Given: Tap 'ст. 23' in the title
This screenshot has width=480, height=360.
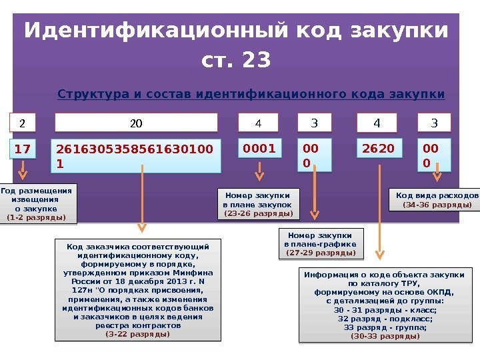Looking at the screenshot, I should click(x=236, y=61).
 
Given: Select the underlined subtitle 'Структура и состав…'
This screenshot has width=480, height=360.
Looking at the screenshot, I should click(x=251, y=93).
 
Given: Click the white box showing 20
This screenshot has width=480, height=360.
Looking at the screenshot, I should click(x=136, y=123).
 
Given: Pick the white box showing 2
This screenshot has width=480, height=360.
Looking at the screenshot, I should click(x=22, y=123).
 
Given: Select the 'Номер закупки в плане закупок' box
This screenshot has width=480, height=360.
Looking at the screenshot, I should click(x=258, y=203).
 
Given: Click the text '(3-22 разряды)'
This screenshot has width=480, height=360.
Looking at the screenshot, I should click(x=138, y=334).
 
